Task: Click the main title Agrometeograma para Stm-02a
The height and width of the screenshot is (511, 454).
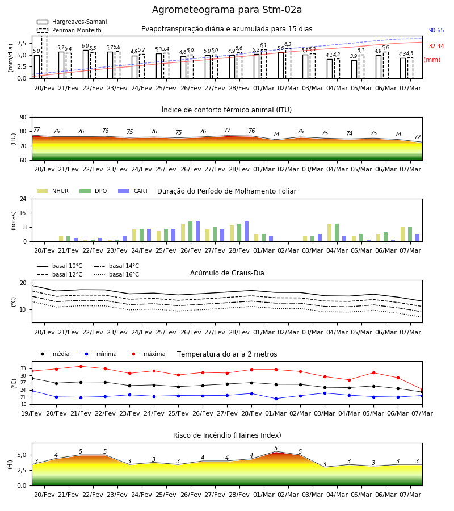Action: point(226,10)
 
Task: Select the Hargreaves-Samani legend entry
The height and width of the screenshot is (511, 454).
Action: point(72,22)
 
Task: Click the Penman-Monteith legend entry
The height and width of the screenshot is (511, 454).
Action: point(69,30)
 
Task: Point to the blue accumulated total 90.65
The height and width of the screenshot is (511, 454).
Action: point(436,30)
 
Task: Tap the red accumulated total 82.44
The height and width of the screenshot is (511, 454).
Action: point(436,47)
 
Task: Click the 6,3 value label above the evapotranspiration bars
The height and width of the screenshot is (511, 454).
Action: point(288,44)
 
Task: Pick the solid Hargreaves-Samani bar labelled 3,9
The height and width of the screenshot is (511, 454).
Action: point(354,69)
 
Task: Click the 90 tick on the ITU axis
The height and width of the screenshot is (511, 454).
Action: point(23,118)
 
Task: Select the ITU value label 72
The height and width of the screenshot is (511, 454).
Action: point(417,137)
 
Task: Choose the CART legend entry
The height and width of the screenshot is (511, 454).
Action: point(133,191)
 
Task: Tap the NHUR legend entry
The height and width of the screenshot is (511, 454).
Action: point(53,191)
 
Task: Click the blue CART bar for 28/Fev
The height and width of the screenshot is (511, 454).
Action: point(246,232)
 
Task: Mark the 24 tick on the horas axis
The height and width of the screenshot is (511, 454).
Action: point(23,199)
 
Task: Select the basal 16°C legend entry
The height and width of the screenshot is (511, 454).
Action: point(116,274)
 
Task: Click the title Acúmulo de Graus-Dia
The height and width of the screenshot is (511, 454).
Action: point(227,273)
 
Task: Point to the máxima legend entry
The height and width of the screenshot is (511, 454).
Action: point(146,354)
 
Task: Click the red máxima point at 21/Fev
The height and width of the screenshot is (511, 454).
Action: point(81,366)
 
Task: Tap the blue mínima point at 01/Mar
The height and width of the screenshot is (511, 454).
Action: point(276,399)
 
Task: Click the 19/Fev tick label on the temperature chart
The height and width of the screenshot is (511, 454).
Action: point(32,413)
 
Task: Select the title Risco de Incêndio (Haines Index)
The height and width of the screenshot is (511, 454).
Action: point(227,435)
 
